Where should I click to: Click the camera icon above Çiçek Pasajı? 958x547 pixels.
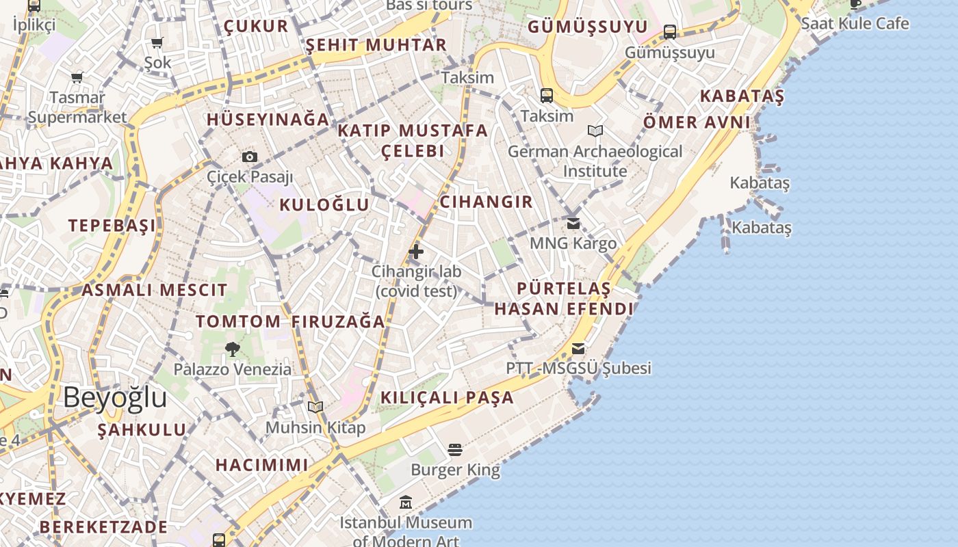(x=250, y=157)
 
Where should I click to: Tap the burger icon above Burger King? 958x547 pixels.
(x=455, y=449)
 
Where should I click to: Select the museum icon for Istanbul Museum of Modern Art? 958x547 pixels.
(x=406, y=503)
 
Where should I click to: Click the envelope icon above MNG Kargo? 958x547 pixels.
(x=573, y=224)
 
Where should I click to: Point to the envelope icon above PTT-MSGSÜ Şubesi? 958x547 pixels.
(x=578, y=349)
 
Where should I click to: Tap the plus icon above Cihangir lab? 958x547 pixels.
(x=416, y=252)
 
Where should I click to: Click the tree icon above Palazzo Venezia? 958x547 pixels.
(x=233, y=349)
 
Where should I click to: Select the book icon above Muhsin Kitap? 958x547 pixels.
(x=315, y=408)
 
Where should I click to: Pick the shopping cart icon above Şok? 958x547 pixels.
(x=157, y=43)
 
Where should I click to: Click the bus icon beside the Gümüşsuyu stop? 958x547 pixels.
(x=670, y=31)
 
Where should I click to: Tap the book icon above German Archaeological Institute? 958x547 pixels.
(x=595, y=131)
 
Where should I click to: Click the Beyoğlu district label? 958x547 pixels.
(x=115, y=397)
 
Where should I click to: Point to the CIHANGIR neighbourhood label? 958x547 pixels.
(x=486, y=202)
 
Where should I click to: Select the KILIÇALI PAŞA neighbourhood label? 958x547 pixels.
(x=447, y=397)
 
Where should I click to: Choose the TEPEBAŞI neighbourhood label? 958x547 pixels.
(x=112, y=226)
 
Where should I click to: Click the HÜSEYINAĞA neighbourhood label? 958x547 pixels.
(x=268, y=119)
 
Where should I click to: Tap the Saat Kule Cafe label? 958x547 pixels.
(x=855, y=23)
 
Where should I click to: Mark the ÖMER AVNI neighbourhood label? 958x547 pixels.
(x=697, y=122)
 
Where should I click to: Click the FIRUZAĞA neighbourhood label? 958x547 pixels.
(x=338, y=321)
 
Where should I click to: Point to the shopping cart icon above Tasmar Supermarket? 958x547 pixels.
(x=77, y=78)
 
